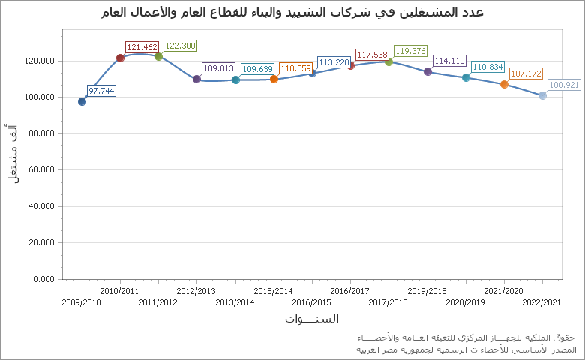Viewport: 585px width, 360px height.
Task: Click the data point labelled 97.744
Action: (82, 101)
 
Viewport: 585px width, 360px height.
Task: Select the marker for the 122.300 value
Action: (158, 56)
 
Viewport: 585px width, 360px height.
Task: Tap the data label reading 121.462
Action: (142, 47)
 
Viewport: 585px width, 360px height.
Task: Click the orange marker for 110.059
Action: (274, 79)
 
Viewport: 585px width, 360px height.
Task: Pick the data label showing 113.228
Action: (334, 62)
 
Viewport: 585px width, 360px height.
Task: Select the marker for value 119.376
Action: (388, 61)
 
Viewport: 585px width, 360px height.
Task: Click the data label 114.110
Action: (449, 61)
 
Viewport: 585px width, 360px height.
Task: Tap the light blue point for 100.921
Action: (542, 95)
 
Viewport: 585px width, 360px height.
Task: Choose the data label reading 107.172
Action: (526, 73)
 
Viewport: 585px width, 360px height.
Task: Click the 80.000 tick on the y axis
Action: (39, 133)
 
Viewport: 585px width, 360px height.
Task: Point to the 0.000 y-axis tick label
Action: (43, 279)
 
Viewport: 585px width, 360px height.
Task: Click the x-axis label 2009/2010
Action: (81, 302)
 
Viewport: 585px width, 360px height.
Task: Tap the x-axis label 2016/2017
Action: (349, 291)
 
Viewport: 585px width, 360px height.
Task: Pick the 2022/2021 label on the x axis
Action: (542, 302)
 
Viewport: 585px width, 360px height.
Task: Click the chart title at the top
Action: (292, 13)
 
